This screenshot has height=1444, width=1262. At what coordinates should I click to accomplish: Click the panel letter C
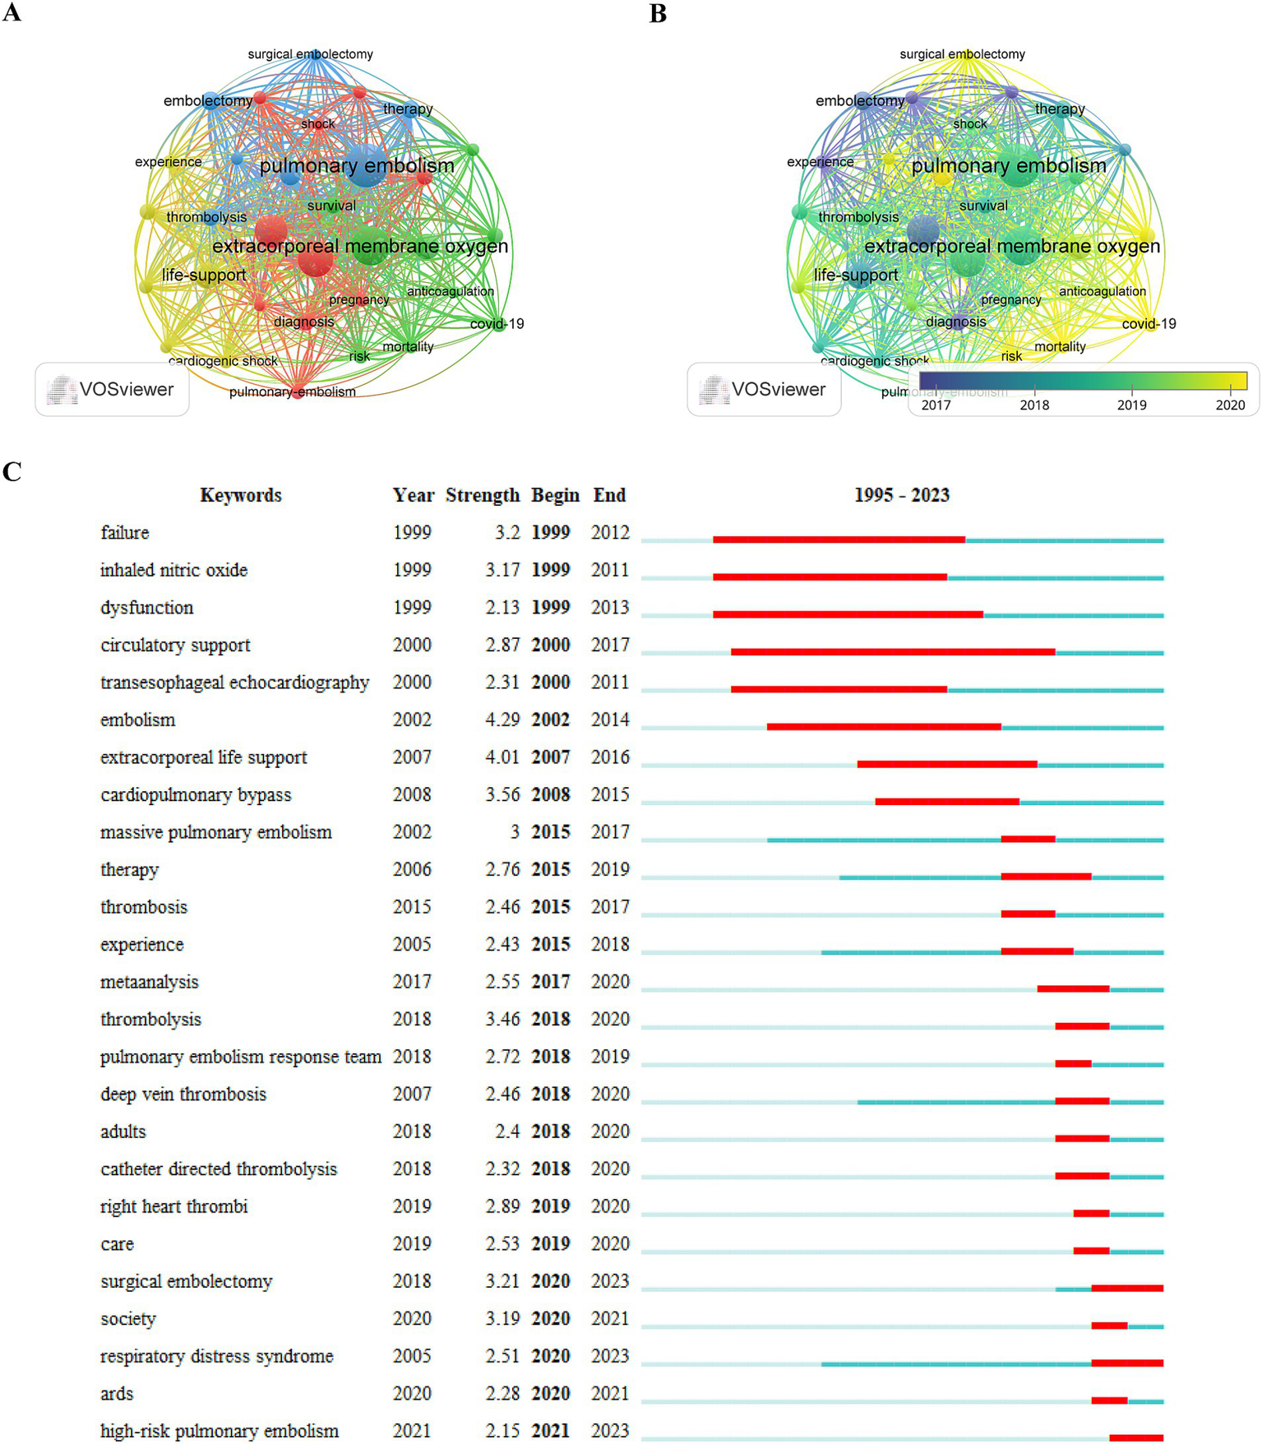12,471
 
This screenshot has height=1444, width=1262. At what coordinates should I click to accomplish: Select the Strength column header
483,495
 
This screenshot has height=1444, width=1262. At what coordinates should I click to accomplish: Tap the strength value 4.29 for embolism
502,720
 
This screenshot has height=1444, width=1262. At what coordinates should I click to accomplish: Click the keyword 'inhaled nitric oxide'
173,570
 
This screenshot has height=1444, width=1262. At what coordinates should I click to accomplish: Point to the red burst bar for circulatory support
893,652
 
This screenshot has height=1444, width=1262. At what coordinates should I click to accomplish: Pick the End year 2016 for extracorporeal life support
610,757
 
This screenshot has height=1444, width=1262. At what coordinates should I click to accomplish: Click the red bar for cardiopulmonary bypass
947,802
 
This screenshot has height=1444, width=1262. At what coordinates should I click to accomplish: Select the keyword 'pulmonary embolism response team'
240,1057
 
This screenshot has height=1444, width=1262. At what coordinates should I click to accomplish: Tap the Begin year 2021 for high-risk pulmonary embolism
550,1431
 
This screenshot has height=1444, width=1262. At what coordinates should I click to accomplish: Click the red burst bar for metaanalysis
1073,989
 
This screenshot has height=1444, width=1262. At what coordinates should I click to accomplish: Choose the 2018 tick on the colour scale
1034,404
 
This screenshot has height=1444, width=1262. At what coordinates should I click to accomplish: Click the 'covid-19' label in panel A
497,324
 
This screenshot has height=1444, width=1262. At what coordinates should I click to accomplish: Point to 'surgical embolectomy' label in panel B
962,54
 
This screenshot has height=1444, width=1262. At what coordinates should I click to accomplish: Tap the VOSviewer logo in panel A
112,389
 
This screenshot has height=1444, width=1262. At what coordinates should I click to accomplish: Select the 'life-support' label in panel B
856,275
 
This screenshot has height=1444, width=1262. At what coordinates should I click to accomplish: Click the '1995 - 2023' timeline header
901,495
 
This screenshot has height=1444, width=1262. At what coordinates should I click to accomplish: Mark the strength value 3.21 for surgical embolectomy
502,1281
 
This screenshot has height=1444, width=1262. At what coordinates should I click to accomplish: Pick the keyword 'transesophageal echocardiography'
234,683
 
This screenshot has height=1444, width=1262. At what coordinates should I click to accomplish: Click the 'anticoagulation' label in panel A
450,291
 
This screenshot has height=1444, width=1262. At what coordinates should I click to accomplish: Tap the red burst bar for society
1109,1326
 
